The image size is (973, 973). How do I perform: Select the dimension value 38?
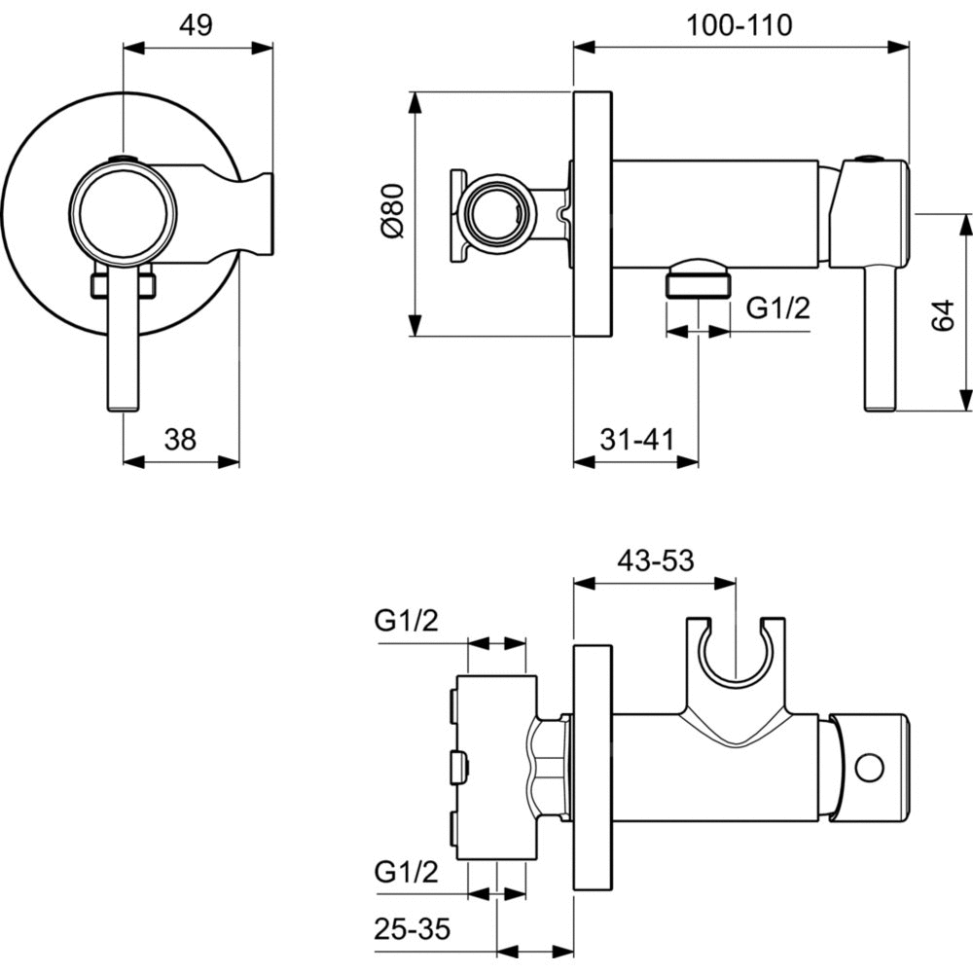point(179,440)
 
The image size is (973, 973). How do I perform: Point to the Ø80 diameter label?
point(392,213)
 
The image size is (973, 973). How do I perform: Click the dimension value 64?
point(942,317)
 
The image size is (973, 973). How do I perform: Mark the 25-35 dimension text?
point(413,928)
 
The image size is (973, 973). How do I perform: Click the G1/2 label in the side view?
point(778,309)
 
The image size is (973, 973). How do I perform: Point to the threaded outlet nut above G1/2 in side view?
point(698,279)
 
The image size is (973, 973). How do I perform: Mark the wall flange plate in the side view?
point(593,214)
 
